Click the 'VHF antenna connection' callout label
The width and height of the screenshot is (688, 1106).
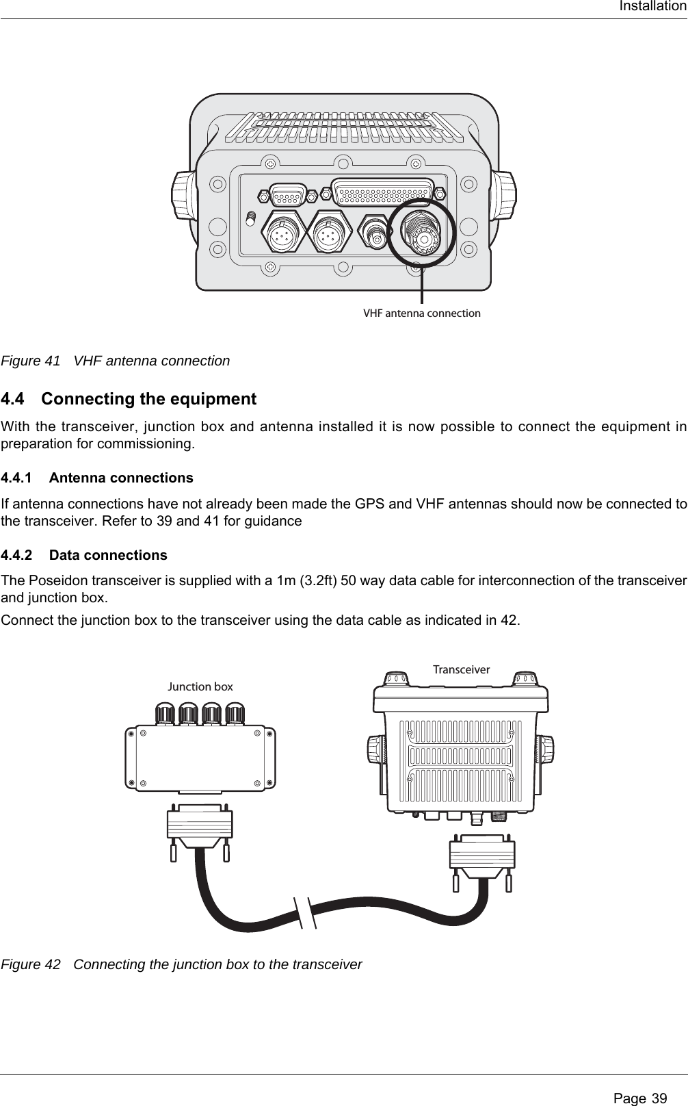[x=421, y=313]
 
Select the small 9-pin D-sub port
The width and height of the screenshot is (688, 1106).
[x=287, y=196]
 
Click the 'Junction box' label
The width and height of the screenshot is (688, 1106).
[x=200, y=686]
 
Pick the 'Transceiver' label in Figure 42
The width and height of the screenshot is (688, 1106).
[x=461, y=669]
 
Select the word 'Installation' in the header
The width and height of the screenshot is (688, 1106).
[x=652, y=7]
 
